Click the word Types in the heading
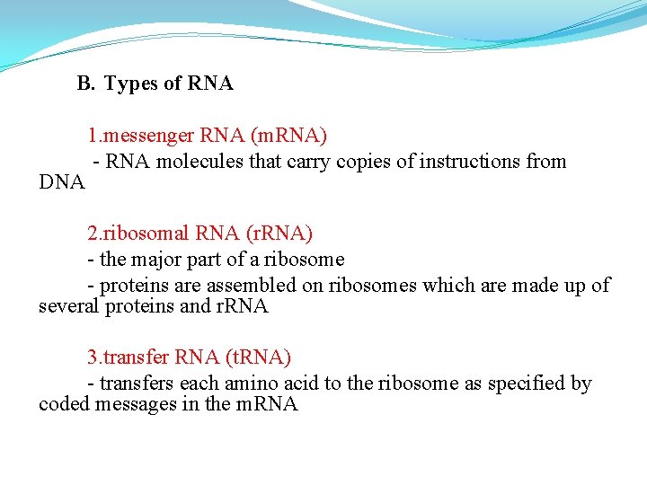pyautogui.click(x=131, y=84)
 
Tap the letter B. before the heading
pyautogui.click(x=85, y=84)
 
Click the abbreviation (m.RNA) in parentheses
pyautogui.click(x=288, y=136)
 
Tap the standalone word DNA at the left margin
pyautogui.click(x=62, y=182)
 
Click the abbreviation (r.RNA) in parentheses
pyautogui.click(x=279, y=234)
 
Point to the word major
pyautogui.click(x=156, y=260)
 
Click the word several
pyautogui.click(x=69, y=306)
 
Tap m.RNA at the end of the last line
pyautogui.click(x=266, y=404)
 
